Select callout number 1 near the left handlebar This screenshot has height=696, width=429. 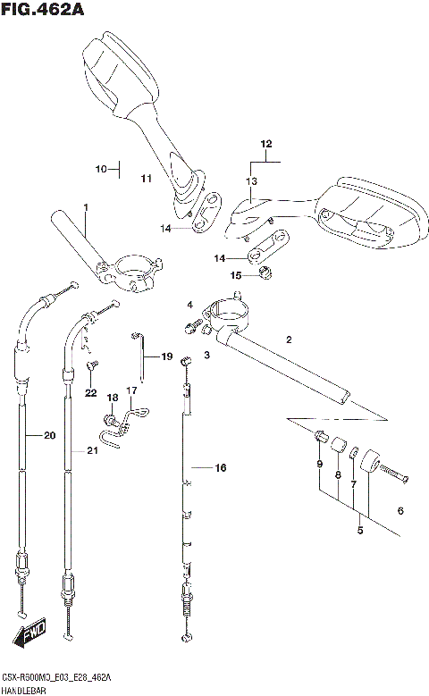coord(86,208)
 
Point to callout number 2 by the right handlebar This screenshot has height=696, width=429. coord(289,340)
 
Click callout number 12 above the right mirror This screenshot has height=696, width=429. coord(265,144)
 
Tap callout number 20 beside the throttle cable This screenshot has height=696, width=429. coord(49,436)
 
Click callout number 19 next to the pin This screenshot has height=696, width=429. coord(166,357)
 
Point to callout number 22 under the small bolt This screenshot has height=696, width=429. coord(90,393)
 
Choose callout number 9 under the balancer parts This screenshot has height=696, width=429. coord(319,463)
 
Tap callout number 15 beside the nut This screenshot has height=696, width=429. coord(236,275)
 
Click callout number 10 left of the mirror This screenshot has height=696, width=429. coord(101,168)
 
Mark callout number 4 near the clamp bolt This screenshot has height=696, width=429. coord(189,306)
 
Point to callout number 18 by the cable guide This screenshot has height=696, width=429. coord(113,398)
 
